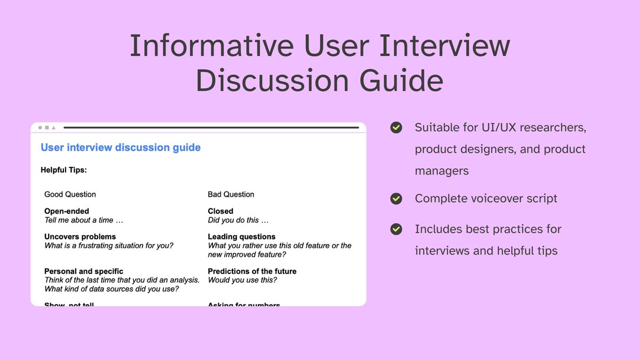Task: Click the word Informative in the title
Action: pyautogui.click(x=211, y=46)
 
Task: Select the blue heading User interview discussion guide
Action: pyautogui.click(x=121, y=147)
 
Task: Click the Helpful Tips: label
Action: pyautogui.click(x=64, y=170)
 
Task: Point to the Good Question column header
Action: pyautogui.click(x=70, y=194)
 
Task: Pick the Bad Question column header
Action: pyautogui.click(x=231, y=194)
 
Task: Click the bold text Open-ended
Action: pyautogui.click(x=67, y=211)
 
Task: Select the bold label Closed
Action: pyautogui.click(x=221, y=211)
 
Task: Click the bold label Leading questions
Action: pyautogui.click(x=241, y=236)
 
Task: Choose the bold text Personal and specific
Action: pyautogui.click(x=84, y=271)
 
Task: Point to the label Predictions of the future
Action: pyautogui.click(x=252, y=271)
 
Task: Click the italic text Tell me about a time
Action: pyautogui.click(x=83, y=220)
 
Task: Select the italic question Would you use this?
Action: pyautogui.click(x=243, y=280)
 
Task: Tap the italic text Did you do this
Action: pyautogui.click(x=238, y=220)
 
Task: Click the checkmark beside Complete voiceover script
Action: pyautogui.click(x=396, y=198)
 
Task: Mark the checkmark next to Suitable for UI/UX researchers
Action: pyautogui.click(x=396, y=127)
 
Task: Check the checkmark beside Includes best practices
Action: pyautogui.click(x=396, y=229)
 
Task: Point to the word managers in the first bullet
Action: pyautogui.click(x=441, y=171)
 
